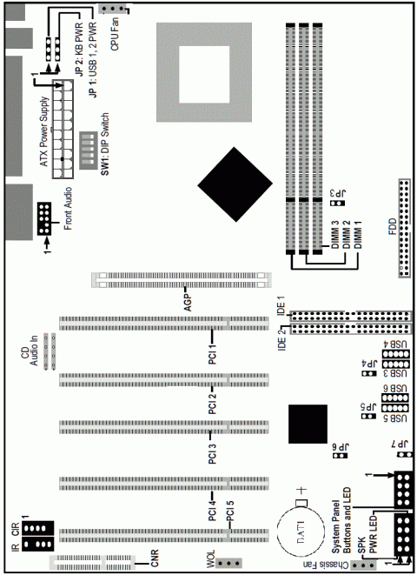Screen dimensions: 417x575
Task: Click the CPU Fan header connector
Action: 112,9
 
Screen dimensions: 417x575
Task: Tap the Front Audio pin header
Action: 44,218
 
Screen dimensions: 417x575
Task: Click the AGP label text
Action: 188,302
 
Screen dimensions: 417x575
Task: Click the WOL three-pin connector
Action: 229,563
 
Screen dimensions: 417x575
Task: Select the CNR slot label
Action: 155,558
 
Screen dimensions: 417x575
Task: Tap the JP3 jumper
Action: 338,203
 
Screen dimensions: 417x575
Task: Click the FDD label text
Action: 392,226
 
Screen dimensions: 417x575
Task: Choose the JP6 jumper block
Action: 341,456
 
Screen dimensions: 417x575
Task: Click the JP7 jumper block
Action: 404,455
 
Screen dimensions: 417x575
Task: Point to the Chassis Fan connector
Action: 363,565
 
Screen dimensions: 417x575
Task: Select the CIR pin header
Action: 37,528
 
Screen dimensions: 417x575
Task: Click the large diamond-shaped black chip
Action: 235,184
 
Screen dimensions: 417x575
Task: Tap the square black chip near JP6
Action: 308,424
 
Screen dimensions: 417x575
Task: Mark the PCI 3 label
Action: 212,453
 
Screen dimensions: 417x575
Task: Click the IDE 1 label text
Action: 281,304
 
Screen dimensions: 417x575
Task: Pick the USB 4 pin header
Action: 395,354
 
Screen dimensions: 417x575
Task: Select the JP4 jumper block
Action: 368,373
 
